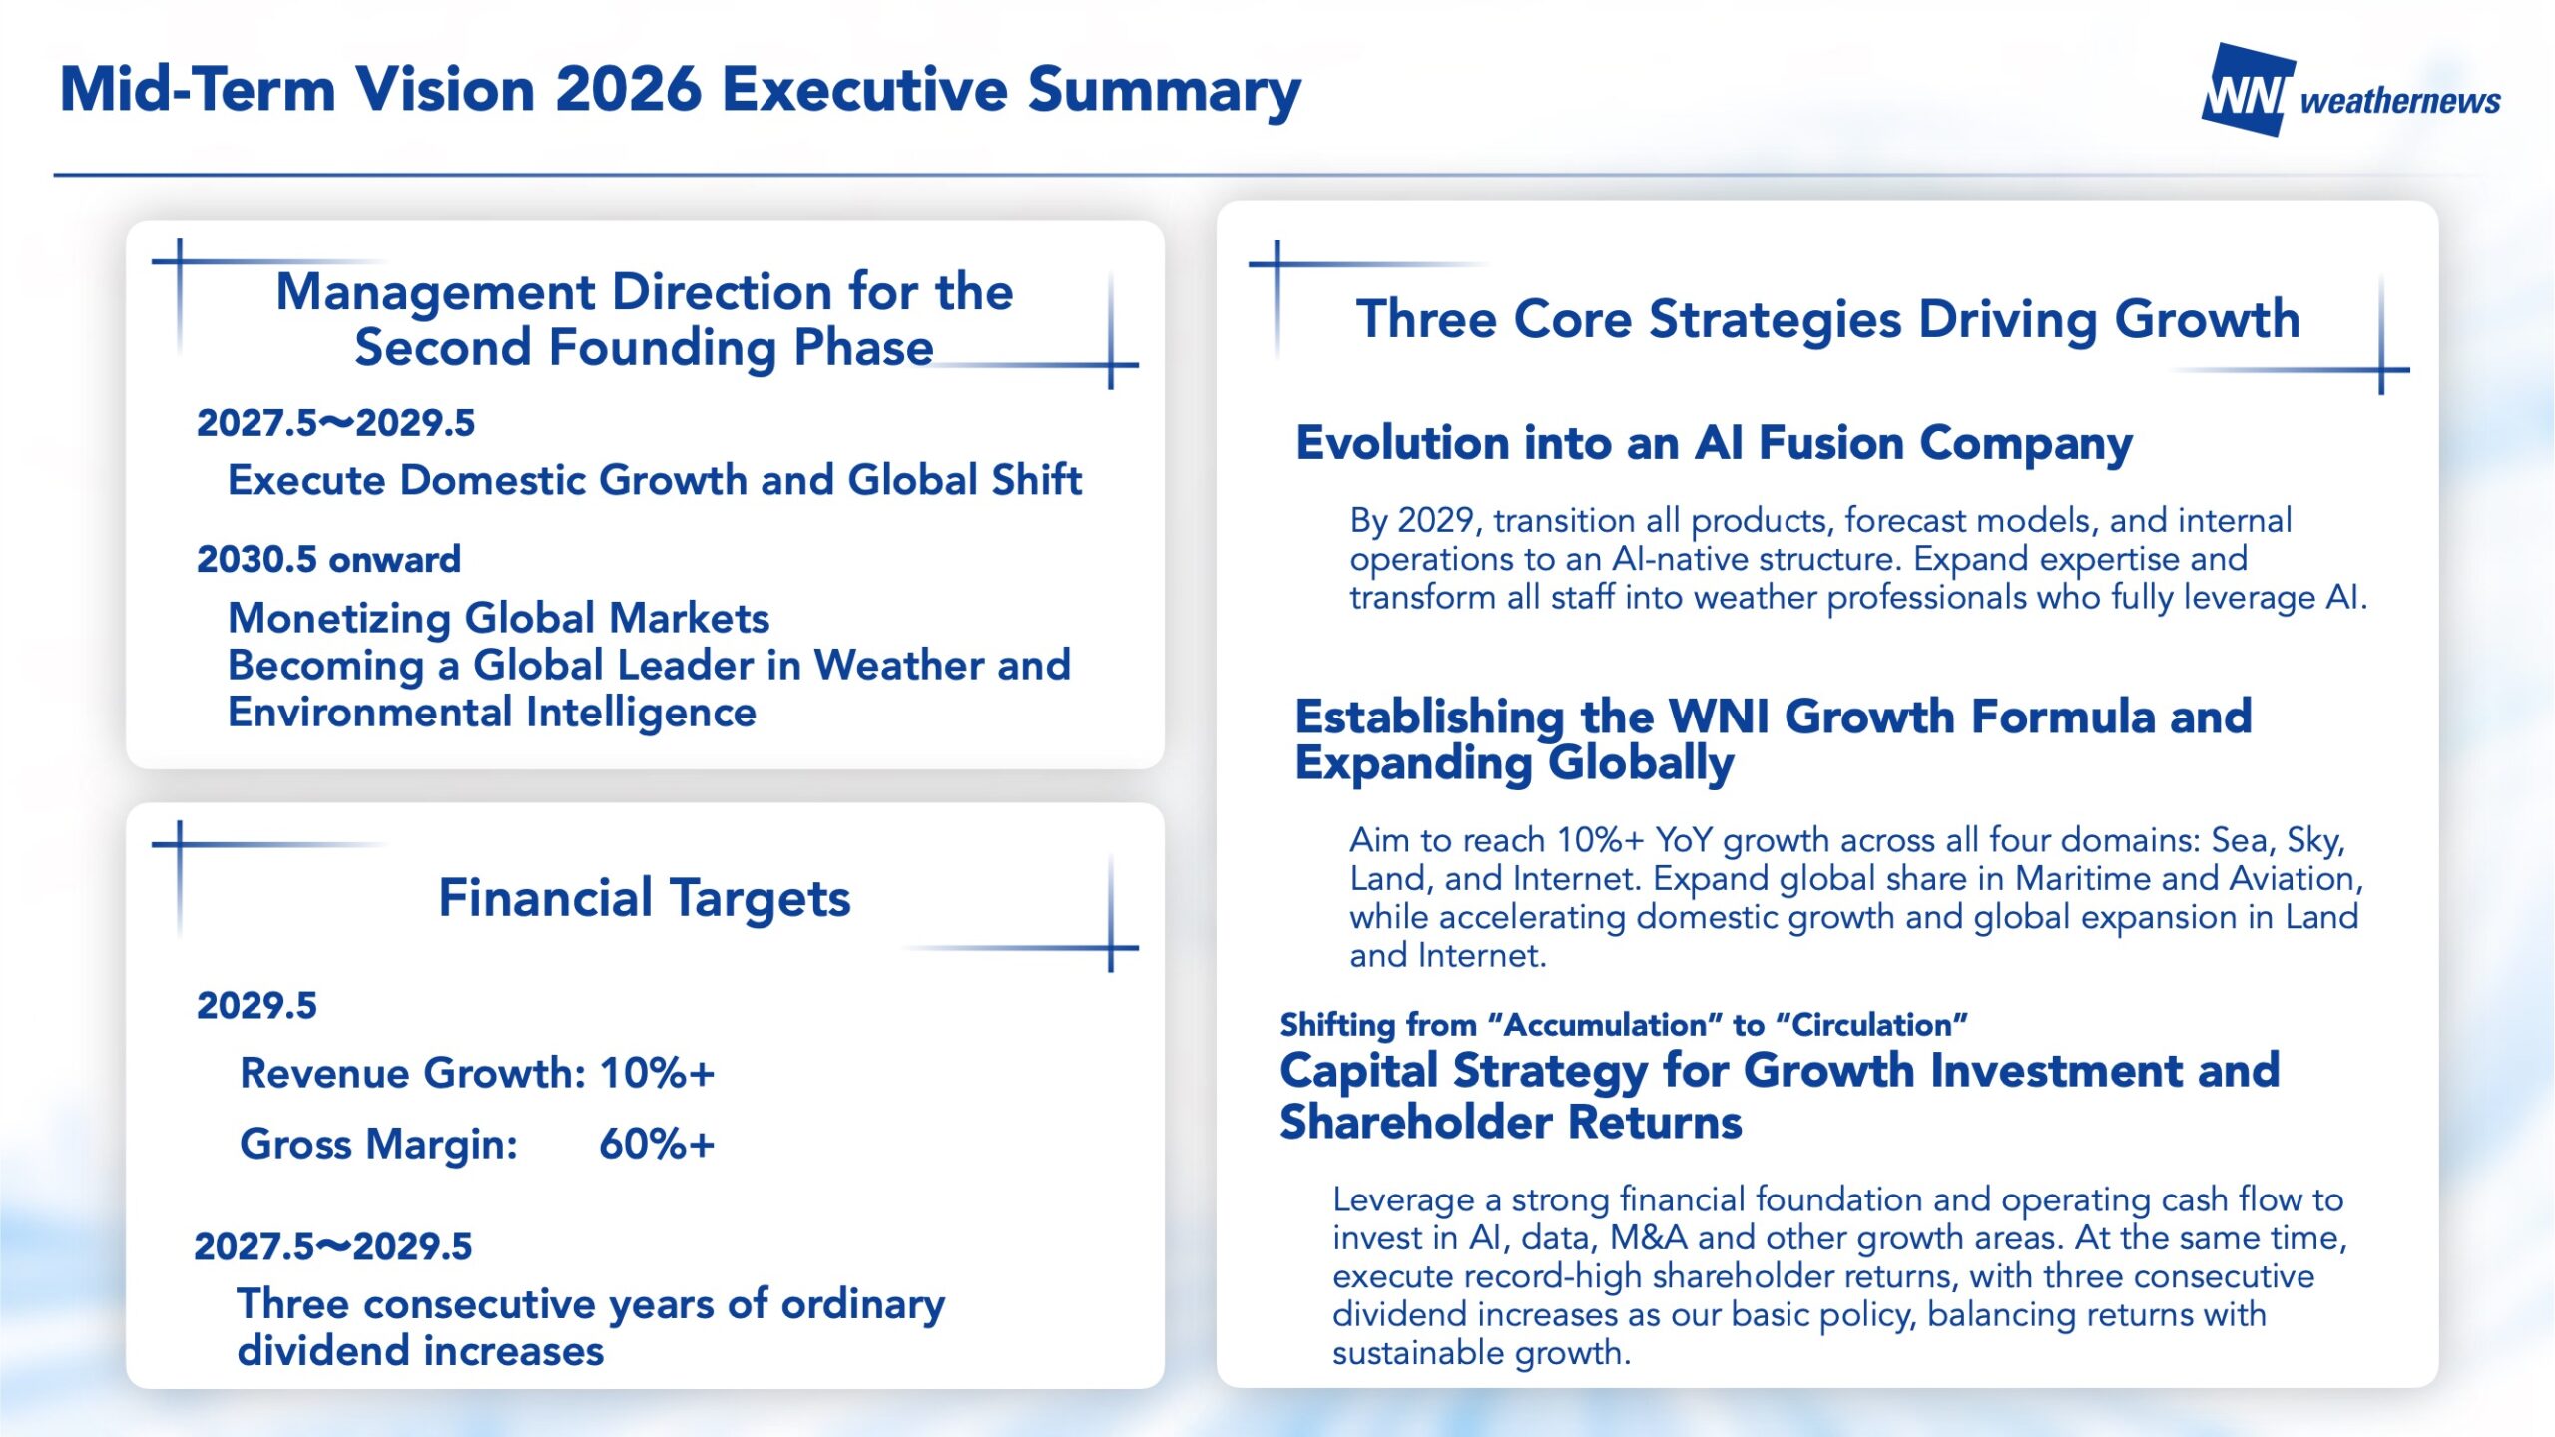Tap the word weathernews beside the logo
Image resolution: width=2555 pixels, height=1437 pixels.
point(2400,101)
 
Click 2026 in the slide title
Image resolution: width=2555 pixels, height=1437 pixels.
point(628,90)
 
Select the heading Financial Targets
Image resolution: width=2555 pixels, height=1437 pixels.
point(645,898)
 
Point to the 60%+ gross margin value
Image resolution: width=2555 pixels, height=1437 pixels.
point(657,1144)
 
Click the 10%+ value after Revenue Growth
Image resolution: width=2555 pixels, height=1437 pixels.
point(657,1073)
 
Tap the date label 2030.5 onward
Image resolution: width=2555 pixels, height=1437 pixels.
point(328,559)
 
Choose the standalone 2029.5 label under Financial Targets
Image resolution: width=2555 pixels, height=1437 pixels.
point(256,1005)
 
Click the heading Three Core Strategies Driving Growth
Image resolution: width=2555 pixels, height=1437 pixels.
point(1828,320)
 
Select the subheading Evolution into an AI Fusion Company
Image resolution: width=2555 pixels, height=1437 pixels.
point(1714,444)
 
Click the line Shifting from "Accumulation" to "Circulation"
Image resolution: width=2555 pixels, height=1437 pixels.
point(1624,1025)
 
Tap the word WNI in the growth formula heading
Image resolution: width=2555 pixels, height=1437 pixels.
point(1719,717)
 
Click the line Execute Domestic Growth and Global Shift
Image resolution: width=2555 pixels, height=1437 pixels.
point(655,480)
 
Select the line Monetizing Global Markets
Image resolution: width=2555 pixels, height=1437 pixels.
point(498,619)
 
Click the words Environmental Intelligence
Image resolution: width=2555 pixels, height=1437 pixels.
point(492,713)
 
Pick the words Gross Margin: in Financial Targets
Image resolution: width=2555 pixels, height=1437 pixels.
point(379,1145)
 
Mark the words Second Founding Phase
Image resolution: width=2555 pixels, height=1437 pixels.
point(644,348)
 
